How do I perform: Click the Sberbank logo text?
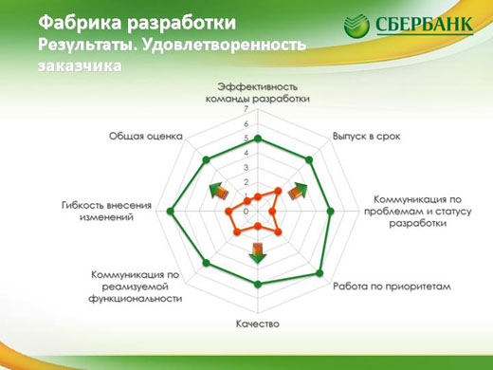point(424,23)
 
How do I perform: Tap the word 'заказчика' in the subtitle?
point(81,67)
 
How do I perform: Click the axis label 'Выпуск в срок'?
point(365,136)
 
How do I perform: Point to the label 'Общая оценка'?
point(145,136)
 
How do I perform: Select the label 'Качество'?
point(258,324)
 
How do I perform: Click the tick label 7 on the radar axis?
point(246,110)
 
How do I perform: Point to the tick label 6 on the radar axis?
point(246,124)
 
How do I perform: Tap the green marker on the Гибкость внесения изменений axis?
point(171,212)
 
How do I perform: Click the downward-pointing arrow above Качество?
point(258,251)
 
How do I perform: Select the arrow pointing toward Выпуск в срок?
point(298,189)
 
